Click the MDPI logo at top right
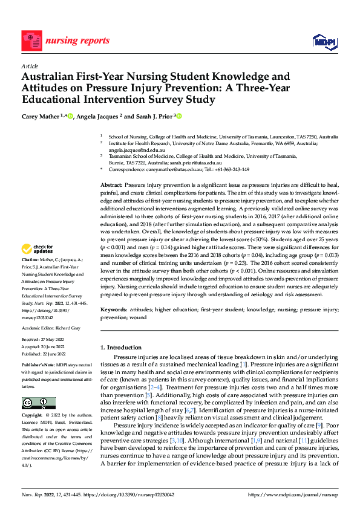pyautogui.click(x=324, y=41)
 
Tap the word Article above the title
pyautogui.click(x=30, y=66)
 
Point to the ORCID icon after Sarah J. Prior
pyautogui.click(x=179, y=116)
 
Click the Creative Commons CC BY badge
pyautogui.click(x=38, y=403)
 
